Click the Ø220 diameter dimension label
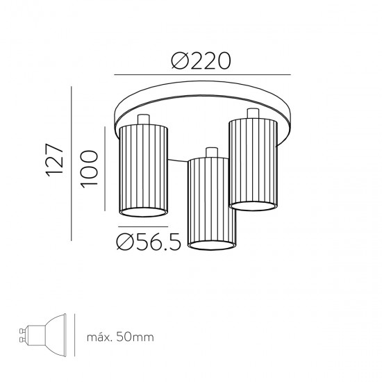(x=201, y=61)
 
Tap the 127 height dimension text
(x=55, y=160)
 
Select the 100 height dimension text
(x=89, y=169)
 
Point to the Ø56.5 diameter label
(x=149, y=242)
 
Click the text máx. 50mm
(x=120, y=337)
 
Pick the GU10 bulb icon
(x=43, y=335)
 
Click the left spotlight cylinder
(x=144, y=171)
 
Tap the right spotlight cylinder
(x=253, y=164)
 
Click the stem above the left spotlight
(x=143, y=119)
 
